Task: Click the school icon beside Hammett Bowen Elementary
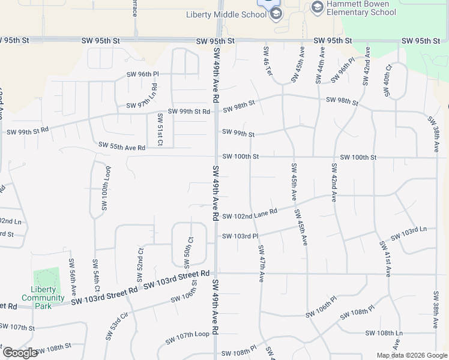coord(318,7)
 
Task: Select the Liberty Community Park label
coord(43,297)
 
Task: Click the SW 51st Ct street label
coord(160,129)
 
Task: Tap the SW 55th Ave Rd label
coord(122,148)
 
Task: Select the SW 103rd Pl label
coord(240,236)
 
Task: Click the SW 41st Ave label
coord(384,259)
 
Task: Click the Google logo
coord(20,353)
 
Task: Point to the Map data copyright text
coord(411,355)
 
